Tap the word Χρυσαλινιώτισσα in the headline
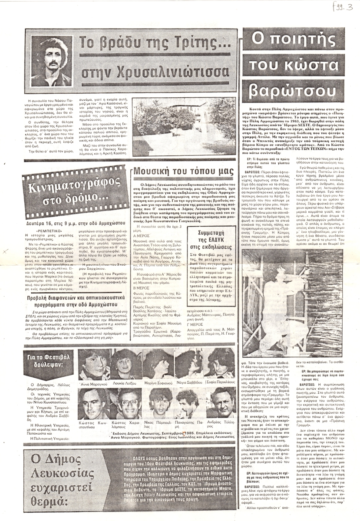click(155, 71)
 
